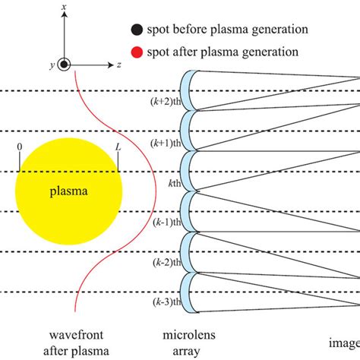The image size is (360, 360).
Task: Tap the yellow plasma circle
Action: click(68, 191)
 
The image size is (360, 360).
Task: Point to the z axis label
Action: click(120, 65)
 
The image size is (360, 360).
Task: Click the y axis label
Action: click(51, 66)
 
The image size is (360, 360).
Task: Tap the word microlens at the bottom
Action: click(186, 336)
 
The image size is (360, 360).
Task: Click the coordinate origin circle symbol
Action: click(66, 65)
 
